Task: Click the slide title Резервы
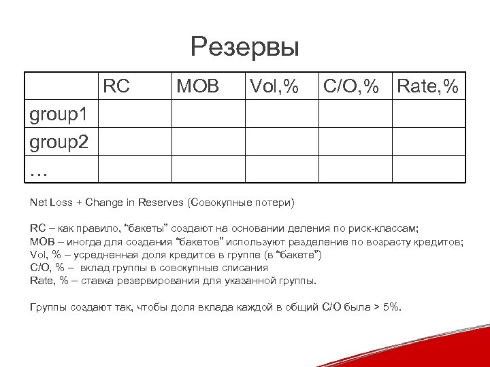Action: coord(244,48)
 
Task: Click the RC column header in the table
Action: coord(117,86)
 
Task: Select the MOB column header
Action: coord(197,86)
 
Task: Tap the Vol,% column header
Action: coord(274,86)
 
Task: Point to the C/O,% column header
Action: coord(350,86)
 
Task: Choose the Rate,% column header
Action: coord(428,86)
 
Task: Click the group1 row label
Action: coord(59,114)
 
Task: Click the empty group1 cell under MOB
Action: coord(207,114)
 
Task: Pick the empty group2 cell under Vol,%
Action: coord(281,142)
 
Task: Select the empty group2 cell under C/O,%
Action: coord(355,142)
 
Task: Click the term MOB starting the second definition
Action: coord(40,243)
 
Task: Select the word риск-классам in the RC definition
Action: coord(387,230)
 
